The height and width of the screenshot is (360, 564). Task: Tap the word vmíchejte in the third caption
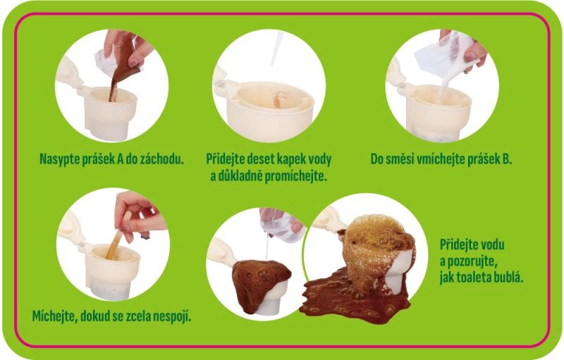(439, 159)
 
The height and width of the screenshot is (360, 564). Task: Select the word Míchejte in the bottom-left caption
(54, 316)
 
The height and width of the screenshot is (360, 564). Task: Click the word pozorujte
(473, 261)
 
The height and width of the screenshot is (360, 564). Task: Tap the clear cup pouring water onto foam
(281, 225)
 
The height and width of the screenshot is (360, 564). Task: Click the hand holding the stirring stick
(137, 216)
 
